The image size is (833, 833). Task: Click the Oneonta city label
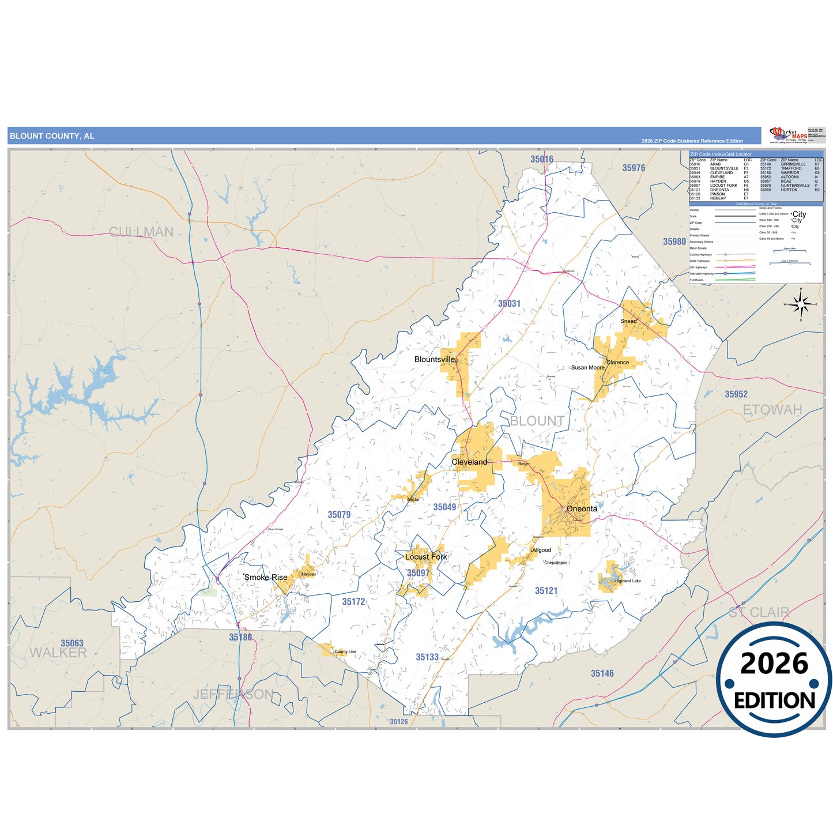tap(581, 508)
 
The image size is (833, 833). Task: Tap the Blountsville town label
tap(435, 359)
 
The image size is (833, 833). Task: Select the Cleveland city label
tap(469, 462)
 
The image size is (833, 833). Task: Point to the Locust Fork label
tap(426, 556)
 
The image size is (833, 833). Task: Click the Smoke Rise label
tap(266, 577)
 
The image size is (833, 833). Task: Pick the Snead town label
tap(628, 321)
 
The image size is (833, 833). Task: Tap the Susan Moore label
tap(587, 367)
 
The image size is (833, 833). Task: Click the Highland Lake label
tap(627, 581)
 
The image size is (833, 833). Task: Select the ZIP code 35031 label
tap(509, 303)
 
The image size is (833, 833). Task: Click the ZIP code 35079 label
tap(339, 514)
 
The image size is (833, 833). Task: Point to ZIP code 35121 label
tap(546, 590)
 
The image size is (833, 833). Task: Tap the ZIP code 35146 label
tap(602, 673)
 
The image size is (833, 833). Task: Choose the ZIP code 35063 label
tap(72, 643)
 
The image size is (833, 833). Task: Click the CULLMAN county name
tap(141, 232)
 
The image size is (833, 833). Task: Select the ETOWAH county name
tap(772, 409)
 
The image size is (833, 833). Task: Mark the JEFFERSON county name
tap(233, 694)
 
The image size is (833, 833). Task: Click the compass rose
tap(800, 304)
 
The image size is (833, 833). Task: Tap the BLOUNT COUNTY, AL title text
tap(52, 136)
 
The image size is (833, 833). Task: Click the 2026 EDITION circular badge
tap(774, 680)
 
